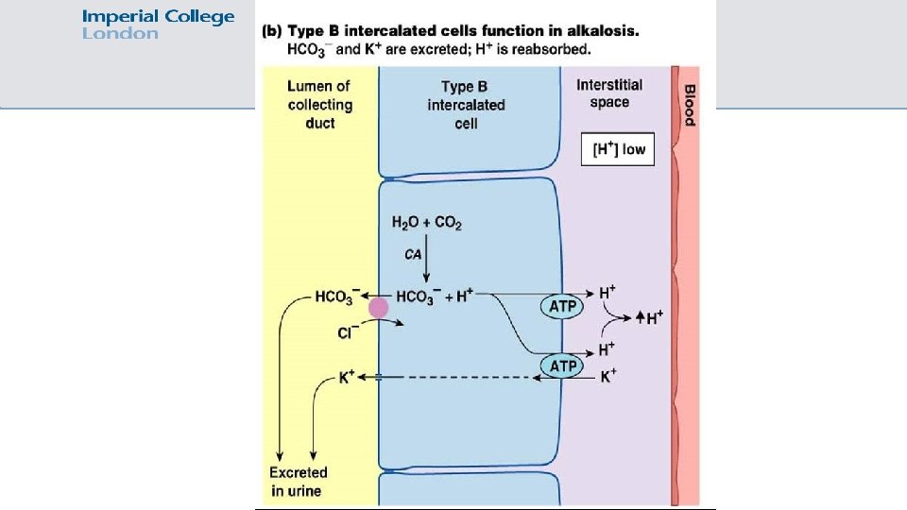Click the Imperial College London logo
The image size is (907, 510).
[x=158, y=25]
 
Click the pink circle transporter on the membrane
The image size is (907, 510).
[x=379, y=307]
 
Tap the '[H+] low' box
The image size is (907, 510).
[x=618, y=150]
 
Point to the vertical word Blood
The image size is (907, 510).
[x=689, y=106]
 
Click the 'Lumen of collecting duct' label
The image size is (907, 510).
[x=319, y=104]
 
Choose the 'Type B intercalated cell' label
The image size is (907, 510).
[x=466, y=104]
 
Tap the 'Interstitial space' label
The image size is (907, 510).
[x=609, y=93]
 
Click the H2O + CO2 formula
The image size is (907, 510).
[x=426, y=224]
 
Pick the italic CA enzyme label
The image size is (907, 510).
[x=414, y=254]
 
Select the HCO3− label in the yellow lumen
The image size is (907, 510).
[x=337, y=297]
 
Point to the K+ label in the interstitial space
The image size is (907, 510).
[x=609, y=376]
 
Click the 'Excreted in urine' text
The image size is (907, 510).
[x=298, y=481]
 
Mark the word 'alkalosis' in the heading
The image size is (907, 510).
[x=603, y=30]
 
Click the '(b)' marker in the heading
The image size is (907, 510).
[x=273, y=30]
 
